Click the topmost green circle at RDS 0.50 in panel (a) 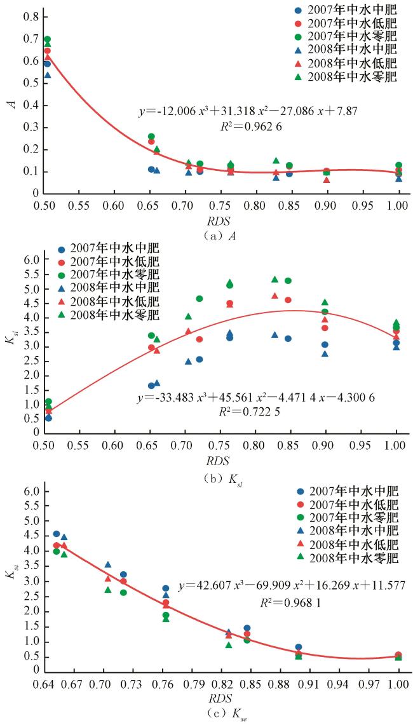(47, 39)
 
